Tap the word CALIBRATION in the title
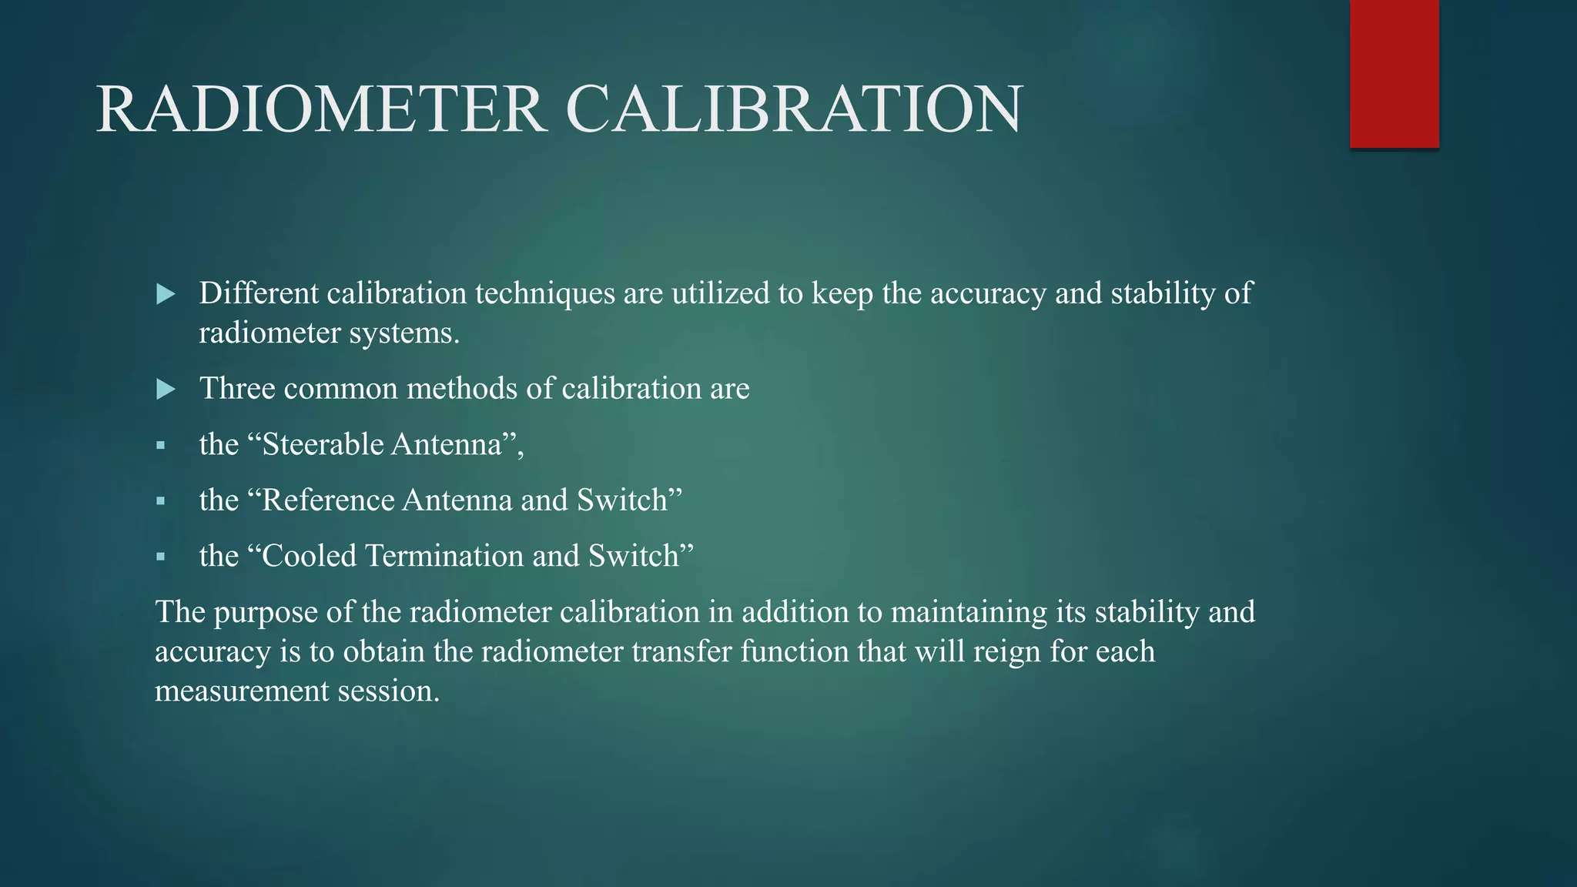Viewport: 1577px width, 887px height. point(794,110)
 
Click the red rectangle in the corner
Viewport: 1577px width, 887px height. point(1394,74)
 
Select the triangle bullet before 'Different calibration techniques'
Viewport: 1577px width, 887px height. point(166,293)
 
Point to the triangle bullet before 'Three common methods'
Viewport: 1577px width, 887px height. point(166,389)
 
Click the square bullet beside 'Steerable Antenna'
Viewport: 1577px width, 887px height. point(160,445)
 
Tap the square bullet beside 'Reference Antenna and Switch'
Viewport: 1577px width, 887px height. point(160,501)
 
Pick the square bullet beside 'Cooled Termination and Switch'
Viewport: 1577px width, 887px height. point(160,557)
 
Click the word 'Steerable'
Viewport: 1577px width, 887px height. point(323,445)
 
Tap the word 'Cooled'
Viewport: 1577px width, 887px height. point(310,556)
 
